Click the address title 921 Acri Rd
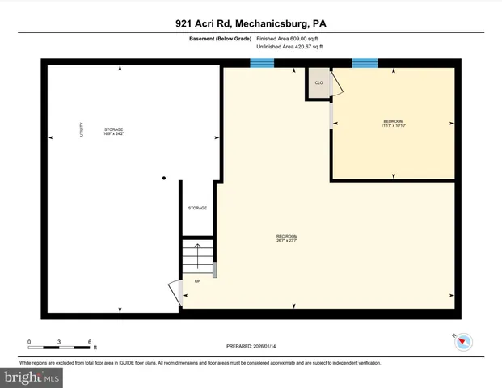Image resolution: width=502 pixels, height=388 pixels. [x=251, y=24]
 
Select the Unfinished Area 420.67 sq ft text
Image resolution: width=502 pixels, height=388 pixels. [x=289, y=47]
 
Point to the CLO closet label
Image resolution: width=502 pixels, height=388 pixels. [x=318, y=82]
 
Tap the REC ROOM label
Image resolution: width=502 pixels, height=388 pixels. [x=287, y=238]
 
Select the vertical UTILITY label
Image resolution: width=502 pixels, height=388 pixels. [x=82, y=129]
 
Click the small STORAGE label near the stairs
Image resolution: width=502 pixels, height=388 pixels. [x=197, y=208]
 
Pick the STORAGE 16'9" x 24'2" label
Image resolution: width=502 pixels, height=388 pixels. [x=113, y=131]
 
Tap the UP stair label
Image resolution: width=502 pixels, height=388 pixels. [x=196, y=280]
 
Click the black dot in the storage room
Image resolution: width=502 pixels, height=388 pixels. [x=163, y=178]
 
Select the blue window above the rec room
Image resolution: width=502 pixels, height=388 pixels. [x=261, y=63]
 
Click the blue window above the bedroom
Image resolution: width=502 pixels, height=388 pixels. [x=365, y=62]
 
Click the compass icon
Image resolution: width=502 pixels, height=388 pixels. [x=461, y=342]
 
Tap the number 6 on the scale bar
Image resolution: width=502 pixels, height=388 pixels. [x=91, y=342]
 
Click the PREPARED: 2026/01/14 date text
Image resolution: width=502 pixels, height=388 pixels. [x=251, y=346]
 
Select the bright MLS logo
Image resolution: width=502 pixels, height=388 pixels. [x=32, y=377]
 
